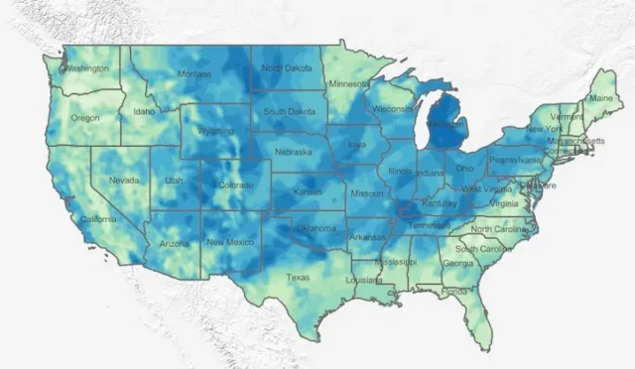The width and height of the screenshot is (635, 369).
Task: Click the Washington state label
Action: (x=87, y=68)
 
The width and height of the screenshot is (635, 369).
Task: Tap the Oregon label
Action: (x=84, y=117)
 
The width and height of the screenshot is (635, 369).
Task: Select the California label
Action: (x=98, y=218)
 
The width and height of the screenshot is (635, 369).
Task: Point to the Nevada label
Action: (x=124, y=181)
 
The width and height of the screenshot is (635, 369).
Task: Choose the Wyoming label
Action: (x=215, y=131)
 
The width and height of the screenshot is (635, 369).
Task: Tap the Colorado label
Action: (x=236, y=184)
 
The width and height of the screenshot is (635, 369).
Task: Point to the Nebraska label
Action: (x=293, y=152)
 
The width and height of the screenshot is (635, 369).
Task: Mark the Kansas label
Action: (x=308, y=190)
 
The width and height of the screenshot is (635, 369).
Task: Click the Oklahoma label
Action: (x=316, y=227)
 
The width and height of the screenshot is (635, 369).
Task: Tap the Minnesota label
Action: (x=348, y=83)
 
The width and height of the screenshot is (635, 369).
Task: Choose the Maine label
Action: (x=600, y=98)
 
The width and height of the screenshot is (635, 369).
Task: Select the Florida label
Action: (x=455, y=292)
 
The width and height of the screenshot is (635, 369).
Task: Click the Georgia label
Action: (x=457, y=263)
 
